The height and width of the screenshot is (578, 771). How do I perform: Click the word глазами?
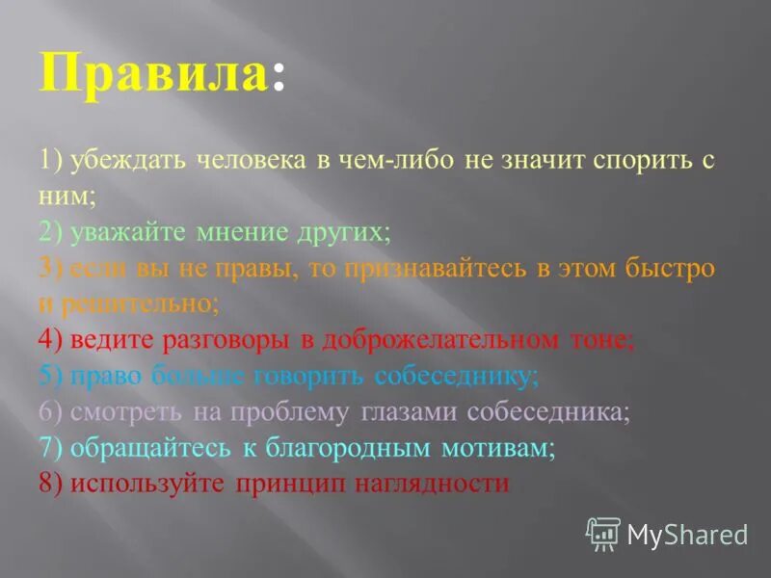(410, 411)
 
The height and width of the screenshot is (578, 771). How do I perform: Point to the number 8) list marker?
(50, 484)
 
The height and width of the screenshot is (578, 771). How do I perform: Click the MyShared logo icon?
(603, 533)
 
